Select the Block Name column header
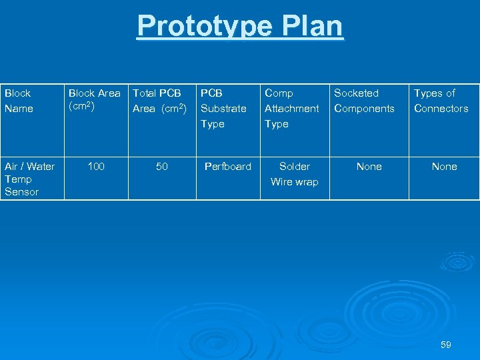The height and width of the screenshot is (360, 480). (x=19, y=101)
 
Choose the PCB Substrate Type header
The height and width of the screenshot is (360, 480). (x=223, y=108)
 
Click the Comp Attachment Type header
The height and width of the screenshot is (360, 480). (x=291, y=108)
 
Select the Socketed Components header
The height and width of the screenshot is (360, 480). (x=364, y=101)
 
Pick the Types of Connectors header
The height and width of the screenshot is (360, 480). (x=441, y=101)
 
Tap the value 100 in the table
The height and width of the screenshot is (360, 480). (x=96, y=167)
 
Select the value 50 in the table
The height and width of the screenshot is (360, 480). (x=162, y=167)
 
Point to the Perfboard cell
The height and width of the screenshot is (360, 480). (x=228, y=167)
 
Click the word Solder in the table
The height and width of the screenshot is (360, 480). (x=295, y=167)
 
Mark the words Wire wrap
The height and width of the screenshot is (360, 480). (x=295, y=182)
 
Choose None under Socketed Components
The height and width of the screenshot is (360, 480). (x=369, y=167)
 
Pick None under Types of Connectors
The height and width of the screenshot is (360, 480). (x=444, y=167)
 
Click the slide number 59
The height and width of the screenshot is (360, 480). (x=446, y=345)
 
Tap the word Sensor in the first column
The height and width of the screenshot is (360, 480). (x=21, y=192)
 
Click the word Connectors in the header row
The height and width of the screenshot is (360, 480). (x=441, y=109)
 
